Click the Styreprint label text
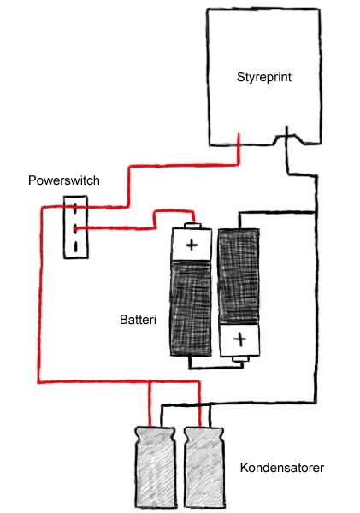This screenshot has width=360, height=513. pos(263,77)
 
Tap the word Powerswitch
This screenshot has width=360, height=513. pos(64,180)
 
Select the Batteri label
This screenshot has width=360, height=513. pos(138,319)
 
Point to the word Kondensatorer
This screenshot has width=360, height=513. pos(282,468)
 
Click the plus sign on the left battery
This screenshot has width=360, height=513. pos(192,245)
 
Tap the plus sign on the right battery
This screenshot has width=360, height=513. pos(240,339)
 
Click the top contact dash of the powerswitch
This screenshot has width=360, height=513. pos(75,208)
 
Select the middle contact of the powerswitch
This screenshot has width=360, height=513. pos(75,228)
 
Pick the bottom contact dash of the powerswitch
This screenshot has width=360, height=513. pos(76,247)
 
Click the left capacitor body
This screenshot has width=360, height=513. pos(156,468)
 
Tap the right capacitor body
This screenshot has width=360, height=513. pos(204,468)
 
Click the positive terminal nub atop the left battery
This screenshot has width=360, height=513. pos(192,225)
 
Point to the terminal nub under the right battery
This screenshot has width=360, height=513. pos(240,359)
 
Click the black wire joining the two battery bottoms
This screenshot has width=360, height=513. pos(216,369)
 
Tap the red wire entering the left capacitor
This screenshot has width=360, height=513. pos(150,404)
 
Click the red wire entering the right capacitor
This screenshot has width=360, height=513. pos(199,404)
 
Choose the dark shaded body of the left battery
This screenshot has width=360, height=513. pos(191,308)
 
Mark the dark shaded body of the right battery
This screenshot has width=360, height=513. pos(239,276)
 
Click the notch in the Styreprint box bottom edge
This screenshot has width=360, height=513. pos(288,138)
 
